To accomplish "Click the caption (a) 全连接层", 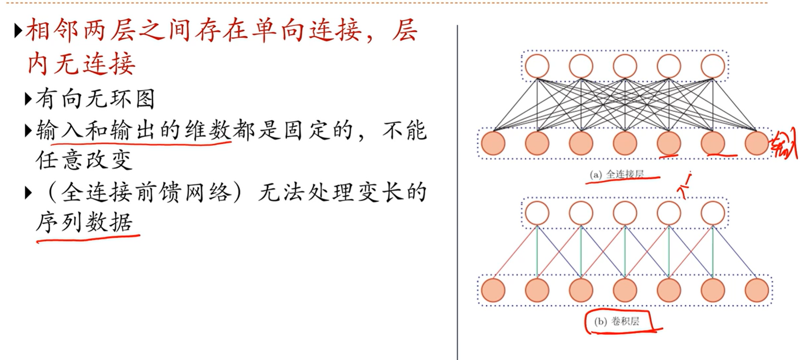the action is tap(617, 174).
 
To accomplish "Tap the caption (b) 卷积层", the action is tap(617, 322).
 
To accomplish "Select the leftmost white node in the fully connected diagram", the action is tap(537, 66).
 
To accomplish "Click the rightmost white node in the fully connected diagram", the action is tap(713, 66).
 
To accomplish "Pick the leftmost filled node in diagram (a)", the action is tap(493, 143).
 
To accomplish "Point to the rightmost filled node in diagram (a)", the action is tap(757, 143).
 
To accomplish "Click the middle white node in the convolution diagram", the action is tap(625, 213).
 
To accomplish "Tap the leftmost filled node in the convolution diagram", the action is tap(493, 291).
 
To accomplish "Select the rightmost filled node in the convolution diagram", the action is tap(757, 291).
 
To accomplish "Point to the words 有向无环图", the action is tap(95, 99).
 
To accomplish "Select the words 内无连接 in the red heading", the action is tap(81, 63).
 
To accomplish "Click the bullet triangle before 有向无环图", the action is tap(28, 99).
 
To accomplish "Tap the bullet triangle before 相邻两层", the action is tap(18, 31).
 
